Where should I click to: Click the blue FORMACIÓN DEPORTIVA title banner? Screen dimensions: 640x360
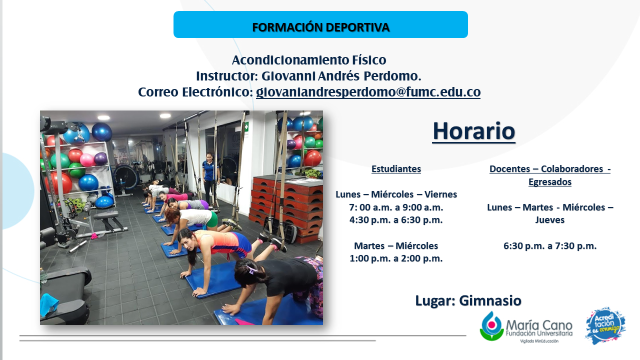click(x=320, y=24)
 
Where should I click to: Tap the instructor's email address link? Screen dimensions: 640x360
click(x=368, y=92)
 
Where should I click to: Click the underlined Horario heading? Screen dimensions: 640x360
click(x=473, y=131)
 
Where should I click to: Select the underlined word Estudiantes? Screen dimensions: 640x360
click(x=396, y=169)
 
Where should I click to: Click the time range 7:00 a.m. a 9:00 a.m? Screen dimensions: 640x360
click(x=396, y=207)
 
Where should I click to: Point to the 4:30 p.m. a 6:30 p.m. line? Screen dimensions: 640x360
click(x=396, y=220)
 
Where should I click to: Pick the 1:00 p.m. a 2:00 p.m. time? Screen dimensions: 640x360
click(x=396, y=258)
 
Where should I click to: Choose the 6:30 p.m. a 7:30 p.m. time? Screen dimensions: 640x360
click(x=550, y=245)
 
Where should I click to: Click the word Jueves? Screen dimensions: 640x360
click(x=550, y=220)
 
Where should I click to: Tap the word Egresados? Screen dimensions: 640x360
click(x=550, y=181)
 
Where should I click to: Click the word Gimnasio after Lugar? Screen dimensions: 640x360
click(x=490, y=300)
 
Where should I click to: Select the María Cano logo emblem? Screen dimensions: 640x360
click(x=491, y=326)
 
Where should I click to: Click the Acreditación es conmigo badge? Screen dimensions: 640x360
click(x=605, y=325)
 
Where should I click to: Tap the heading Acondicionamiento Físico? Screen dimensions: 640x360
click(x=309, y=60)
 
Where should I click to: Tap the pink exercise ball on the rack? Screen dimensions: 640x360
click(x=86, y=160)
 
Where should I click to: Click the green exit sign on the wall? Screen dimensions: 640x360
click(x=246, y=126)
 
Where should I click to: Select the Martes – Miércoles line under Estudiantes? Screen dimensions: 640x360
click(x=396, y=245)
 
